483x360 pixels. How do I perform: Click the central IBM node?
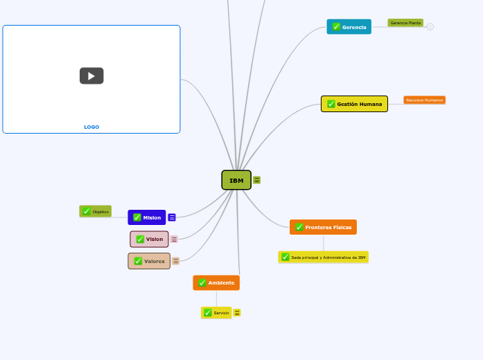236,180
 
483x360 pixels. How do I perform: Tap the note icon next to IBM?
257,180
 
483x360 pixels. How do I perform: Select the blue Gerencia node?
349,27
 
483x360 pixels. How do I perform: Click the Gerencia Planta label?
405,23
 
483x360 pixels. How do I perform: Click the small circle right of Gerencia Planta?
430,27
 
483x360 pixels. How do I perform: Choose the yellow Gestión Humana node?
354,104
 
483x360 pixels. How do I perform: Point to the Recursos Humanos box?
424,100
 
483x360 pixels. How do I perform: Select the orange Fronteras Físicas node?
323,227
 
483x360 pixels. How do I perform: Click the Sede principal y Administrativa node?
324,257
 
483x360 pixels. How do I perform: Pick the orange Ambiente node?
216,282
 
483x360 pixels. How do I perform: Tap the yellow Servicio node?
216,313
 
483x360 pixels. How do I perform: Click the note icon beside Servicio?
237,313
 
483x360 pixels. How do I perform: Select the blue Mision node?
147,217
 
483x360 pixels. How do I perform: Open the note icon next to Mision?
172,217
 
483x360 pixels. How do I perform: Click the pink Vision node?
149,239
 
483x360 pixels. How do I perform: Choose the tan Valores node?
149,261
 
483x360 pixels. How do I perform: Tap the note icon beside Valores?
176,261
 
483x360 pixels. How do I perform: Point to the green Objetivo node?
96,211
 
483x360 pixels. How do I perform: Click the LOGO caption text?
91,127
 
